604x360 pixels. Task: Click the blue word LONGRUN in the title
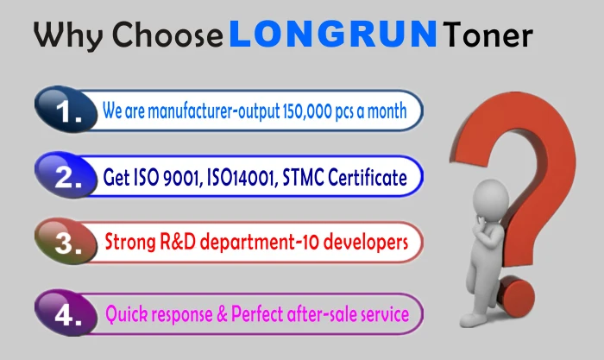(x=333, y=34)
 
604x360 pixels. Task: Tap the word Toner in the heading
(x=488, y=35)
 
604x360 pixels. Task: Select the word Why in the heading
(x=68, y=36)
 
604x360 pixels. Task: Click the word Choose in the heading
(x=167, y=35)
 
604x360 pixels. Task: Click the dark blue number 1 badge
(x=66, y=110)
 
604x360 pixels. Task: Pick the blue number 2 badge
(x=66, y=175)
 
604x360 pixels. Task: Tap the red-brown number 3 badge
(x=66, y=241)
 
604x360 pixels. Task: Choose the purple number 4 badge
(x=66, y=313)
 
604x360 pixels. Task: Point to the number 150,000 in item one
(x=307, y=111)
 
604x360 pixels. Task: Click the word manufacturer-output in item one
(x=214, y=111)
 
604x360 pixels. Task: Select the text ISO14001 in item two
(x=242, y=178)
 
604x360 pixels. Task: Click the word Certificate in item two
(x=368, y=177)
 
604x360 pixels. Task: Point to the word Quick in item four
(x=126, y=313)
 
